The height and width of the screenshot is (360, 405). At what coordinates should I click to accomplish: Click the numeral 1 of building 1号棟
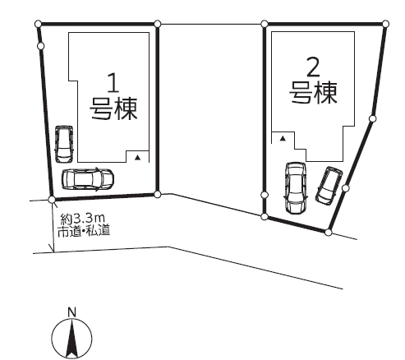tap(113, 82)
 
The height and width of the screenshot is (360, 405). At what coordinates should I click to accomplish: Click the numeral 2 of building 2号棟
tap(314, 67)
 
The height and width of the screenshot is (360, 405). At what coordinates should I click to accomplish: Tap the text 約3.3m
tap(83, 219)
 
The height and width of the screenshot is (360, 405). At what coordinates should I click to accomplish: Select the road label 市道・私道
tap(84, 230)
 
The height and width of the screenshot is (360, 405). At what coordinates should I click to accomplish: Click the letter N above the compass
tap(71, 312)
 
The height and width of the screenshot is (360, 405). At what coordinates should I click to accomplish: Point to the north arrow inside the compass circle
tap(71, 339)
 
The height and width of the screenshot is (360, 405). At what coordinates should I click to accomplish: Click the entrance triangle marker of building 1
tap(137, 157)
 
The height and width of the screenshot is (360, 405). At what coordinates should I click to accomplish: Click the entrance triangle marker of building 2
tap(283, 139)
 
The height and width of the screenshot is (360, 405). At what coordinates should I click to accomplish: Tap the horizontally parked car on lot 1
tap(88, 179)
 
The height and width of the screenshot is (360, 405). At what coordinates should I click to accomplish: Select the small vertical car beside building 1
tap(64, 145)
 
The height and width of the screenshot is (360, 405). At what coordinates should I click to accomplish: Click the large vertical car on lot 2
tap(296, 188)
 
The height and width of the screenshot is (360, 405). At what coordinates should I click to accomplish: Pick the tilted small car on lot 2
tap(329, 185)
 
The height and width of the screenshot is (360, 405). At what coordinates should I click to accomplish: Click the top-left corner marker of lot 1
tap(39, 24)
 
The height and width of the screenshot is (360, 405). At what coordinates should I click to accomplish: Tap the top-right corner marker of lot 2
tap(385, 24)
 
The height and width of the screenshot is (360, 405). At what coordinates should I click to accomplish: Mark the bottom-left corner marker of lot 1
tap(52, 200)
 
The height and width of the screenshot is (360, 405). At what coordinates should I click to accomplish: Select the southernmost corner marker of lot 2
tap(329, 233)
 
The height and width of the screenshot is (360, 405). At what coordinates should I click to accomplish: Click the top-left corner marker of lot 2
tap(265, 24)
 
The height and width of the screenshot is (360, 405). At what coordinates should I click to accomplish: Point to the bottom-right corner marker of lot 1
tap(157, 195)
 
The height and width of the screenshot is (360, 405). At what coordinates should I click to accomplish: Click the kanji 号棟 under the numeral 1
tap(113, 108)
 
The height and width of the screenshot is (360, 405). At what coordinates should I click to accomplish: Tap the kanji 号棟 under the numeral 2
tap(313, 93)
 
